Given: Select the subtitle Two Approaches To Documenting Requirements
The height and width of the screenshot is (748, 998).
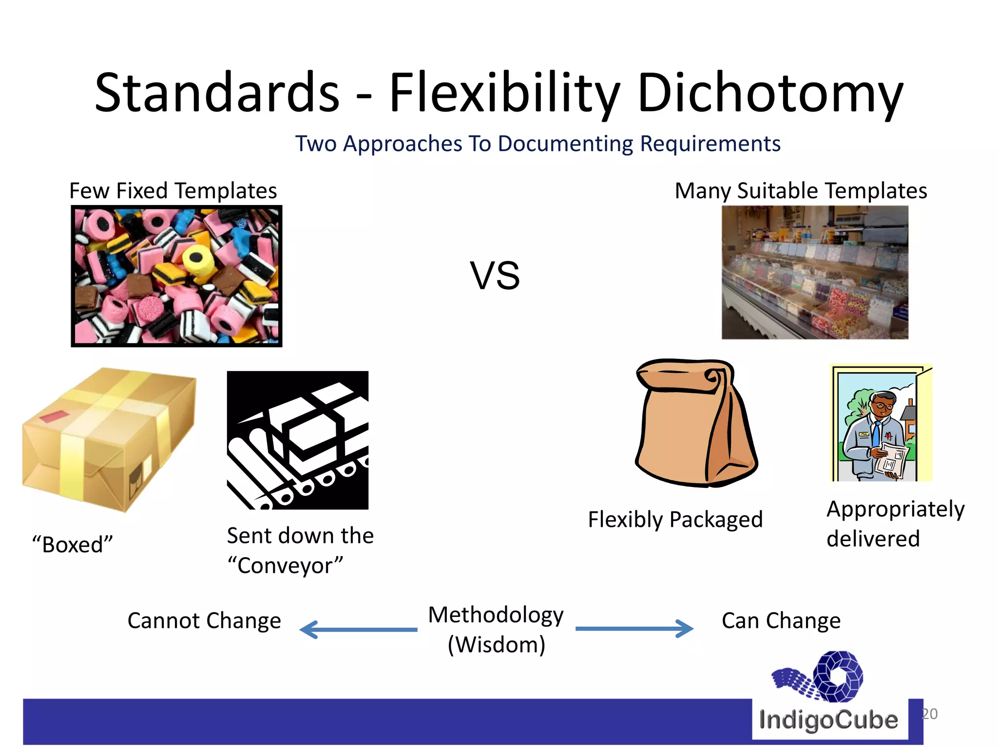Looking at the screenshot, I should pyautogui.click(x=538, y=144).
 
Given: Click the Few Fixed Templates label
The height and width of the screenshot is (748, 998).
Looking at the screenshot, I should pyautogui.click(x=173, y=190).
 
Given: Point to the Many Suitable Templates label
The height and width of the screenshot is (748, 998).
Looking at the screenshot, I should pyautogui.click(x=801, y=190).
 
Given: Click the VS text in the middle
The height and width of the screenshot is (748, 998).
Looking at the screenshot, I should pyautogui.click(x=495, y=276).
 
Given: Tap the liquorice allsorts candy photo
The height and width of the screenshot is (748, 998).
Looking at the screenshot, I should pyautogui.click(x=176, y=276).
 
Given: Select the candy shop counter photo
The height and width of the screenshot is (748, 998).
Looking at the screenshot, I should pyautogui.click(x=815, y=272).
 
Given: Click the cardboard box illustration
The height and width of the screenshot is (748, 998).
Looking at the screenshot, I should pyautogui.click(x=109, y=438).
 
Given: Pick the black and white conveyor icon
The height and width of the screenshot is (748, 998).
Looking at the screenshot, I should pyautogui.click(x=298, y=440).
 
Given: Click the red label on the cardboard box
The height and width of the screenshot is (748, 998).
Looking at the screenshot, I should pyautogui.click(x=54, y=415).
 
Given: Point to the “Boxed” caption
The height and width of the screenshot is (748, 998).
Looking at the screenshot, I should pyautogui.click(x=73, y=544).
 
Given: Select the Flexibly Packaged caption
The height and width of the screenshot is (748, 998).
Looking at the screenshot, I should pyautogui.click(x=675, y=520).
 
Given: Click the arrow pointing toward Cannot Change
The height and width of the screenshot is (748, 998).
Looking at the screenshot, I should pyautogui.click(x=358, y=629).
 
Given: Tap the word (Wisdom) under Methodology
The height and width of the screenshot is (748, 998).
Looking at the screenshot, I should pyautogui.click(x=496, y=645).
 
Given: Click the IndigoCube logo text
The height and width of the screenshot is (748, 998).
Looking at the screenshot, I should pyautogui.click(x=828, y=720).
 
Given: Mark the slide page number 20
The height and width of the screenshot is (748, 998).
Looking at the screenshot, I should pyautogui.click(x=929, y=714).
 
